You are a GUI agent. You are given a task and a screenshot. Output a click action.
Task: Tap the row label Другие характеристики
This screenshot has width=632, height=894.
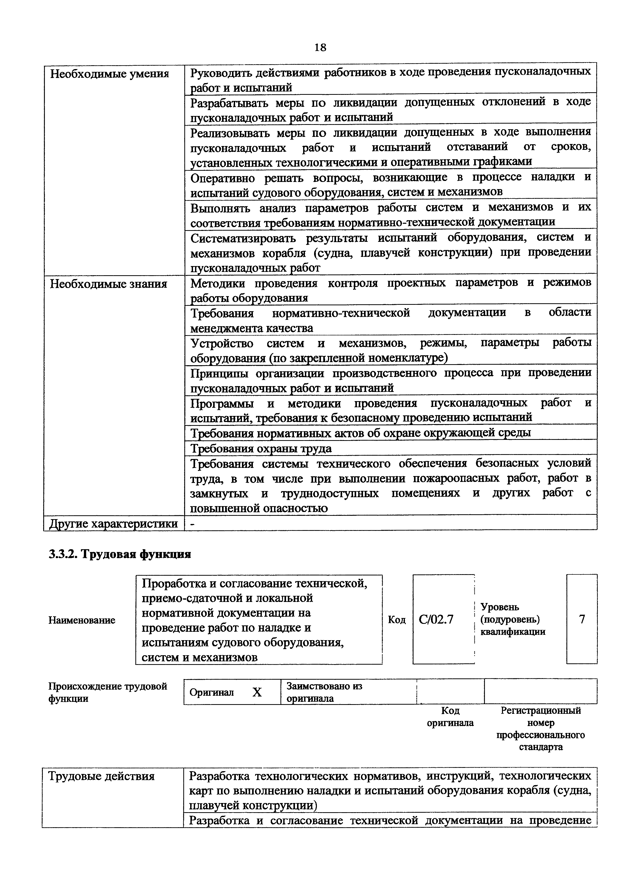tap(113, 524)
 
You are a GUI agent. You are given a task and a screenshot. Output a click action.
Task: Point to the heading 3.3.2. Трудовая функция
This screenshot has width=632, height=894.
tap(120, 554)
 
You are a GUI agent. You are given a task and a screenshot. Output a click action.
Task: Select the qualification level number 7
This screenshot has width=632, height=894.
tap(582, 619)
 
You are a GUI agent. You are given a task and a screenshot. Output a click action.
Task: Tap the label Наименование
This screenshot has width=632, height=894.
tap(82, 620)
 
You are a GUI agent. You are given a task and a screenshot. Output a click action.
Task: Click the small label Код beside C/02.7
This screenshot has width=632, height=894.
tap(397, 620)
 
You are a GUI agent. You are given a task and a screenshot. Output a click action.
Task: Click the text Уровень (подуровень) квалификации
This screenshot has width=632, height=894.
tap(512, 619)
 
